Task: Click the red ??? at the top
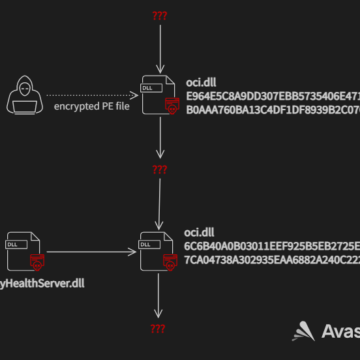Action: coord(158,17)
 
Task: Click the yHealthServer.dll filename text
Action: coord(43,283)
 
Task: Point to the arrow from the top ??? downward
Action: coord(158,48)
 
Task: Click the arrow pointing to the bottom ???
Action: coord(158,296)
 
